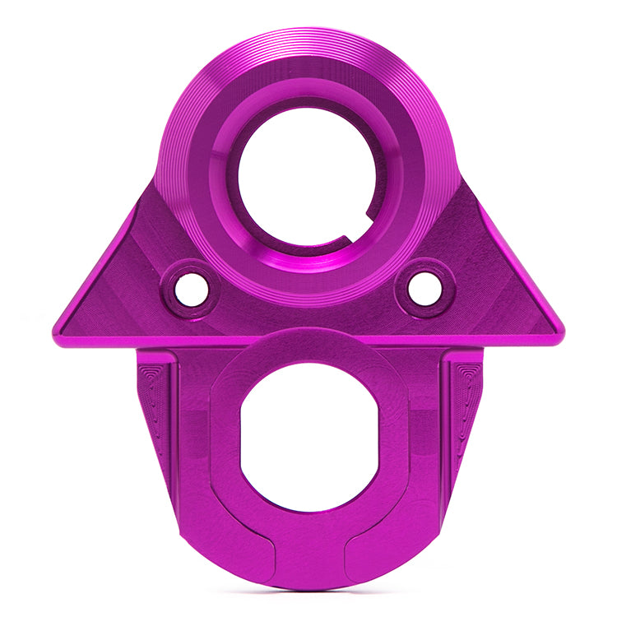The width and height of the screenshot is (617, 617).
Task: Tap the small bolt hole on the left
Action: [192, 290]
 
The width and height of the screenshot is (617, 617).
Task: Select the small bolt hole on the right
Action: [424, 288]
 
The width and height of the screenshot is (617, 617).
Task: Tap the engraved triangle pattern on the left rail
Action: [154, 395]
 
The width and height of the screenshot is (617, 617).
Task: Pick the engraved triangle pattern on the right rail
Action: [465, 395]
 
